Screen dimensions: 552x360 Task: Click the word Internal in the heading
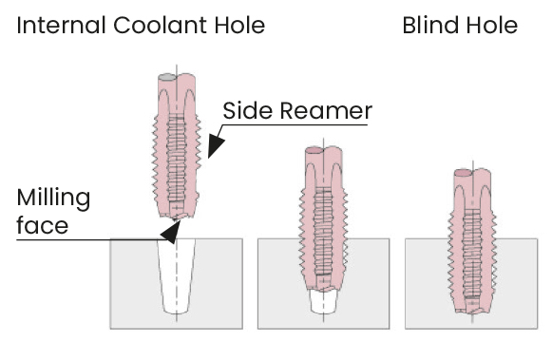[x=61, y=26]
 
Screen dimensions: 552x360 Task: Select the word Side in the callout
[x=247, y=110]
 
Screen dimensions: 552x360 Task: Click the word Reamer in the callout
[x=326, y=111]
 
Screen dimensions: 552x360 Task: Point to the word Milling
[x=53, y=199]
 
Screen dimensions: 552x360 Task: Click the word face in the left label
[x=42, y=225]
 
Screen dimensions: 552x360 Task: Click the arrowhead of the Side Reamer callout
[x=215, y=146]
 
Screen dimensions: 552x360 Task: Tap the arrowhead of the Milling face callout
[x=171, y=232]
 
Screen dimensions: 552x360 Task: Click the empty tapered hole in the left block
[x=177, y=276]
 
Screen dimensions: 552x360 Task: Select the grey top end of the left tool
[x=167, y=78]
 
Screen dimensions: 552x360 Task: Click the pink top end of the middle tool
[x=314, y=151]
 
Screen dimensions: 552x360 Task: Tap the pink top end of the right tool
[x=463, y=173]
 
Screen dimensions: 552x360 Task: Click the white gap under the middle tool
[x=324, y=302]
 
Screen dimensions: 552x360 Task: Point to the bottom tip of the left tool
[x=177, y=216]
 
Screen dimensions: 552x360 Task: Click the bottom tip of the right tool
[x=472, y=311]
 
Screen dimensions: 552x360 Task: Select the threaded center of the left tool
[x=177, y=159]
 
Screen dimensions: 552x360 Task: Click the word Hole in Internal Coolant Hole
[x=239, y=26]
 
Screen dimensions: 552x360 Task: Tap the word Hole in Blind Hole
[x=492, y=26]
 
